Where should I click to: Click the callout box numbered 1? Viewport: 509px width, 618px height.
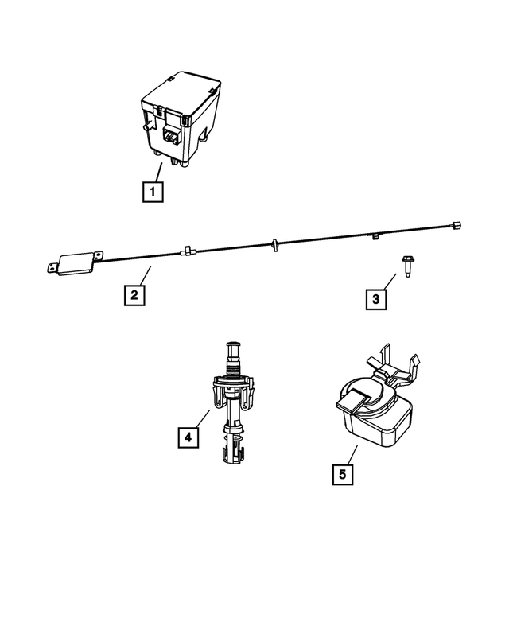tap(152, 191)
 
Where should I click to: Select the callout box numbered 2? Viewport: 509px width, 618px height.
tap(134, 295)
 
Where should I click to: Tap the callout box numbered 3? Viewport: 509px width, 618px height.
tap(376, 299)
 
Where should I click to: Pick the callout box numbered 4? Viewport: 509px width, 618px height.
tap(188, 437)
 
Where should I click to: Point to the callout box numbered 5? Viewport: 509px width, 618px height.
tap(342, 474)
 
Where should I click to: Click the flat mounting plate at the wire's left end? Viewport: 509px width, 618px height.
tap(74, 263)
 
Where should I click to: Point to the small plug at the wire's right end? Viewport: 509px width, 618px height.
tap(457, 225)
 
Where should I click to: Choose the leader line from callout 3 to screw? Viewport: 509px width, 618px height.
tap(389, 283)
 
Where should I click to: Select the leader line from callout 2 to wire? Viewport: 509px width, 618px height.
tap(142, 278)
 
